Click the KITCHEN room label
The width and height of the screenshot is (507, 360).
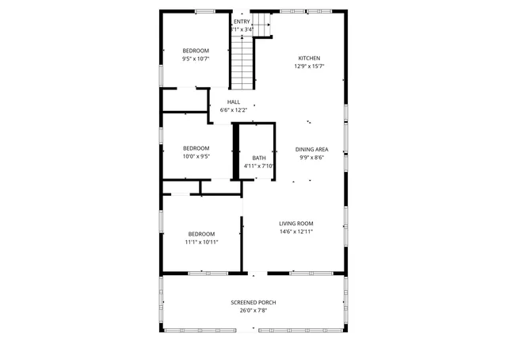309,58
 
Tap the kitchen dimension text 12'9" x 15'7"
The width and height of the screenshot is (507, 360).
309,67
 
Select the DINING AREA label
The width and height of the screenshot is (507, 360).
311,149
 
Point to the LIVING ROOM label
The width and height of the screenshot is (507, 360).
296,224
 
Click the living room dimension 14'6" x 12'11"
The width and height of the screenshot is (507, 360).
296,232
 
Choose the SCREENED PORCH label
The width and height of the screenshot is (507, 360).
254,302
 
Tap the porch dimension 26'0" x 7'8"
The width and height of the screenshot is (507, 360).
254,311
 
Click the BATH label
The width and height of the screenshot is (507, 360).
259,158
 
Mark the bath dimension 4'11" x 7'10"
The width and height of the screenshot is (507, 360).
259,166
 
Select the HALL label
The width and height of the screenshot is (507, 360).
234,102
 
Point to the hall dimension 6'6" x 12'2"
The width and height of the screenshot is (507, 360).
234,110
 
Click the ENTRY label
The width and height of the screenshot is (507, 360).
242,21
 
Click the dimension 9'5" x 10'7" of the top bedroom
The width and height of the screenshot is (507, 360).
196,59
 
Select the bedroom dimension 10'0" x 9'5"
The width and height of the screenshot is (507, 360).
196,156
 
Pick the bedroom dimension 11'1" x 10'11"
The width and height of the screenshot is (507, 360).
201,242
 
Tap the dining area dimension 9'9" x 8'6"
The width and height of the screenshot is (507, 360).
311,157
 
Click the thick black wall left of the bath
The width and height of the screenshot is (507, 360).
235,151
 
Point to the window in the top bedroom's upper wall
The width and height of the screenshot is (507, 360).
205,10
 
